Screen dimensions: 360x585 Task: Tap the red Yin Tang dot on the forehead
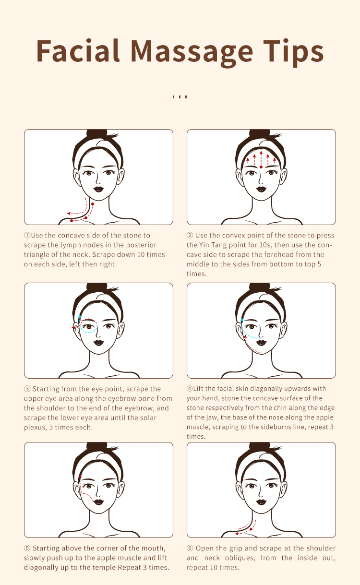pyautogui.click(x=261, y=167)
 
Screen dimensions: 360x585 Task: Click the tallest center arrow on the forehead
pyautogui.click(x=261, y=157)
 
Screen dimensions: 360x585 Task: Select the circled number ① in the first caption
pyautogui.click(x=27, y=235)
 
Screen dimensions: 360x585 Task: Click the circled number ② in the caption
pyautogui.click(x=190, y=235)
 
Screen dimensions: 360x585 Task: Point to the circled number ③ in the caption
pyautogui.click(x=27, y=389)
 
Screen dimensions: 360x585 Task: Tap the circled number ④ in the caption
pyautogui.click(x=190, y=388)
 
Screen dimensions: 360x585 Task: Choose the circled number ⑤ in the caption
pyautogui.click(x=27, y=548)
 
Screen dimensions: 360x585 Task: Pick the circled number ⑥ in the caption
pyautogui.click(x=190, y=548)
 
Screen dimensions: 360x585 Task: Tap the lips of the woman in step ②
pyautogui.click(x=261, y=189)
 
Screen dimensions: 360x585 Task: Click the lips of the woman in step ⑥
pyautogui.click(x=261, y=501)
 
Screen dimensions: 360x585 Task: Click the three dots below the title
pyautogui.click(x=180, y=96)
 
